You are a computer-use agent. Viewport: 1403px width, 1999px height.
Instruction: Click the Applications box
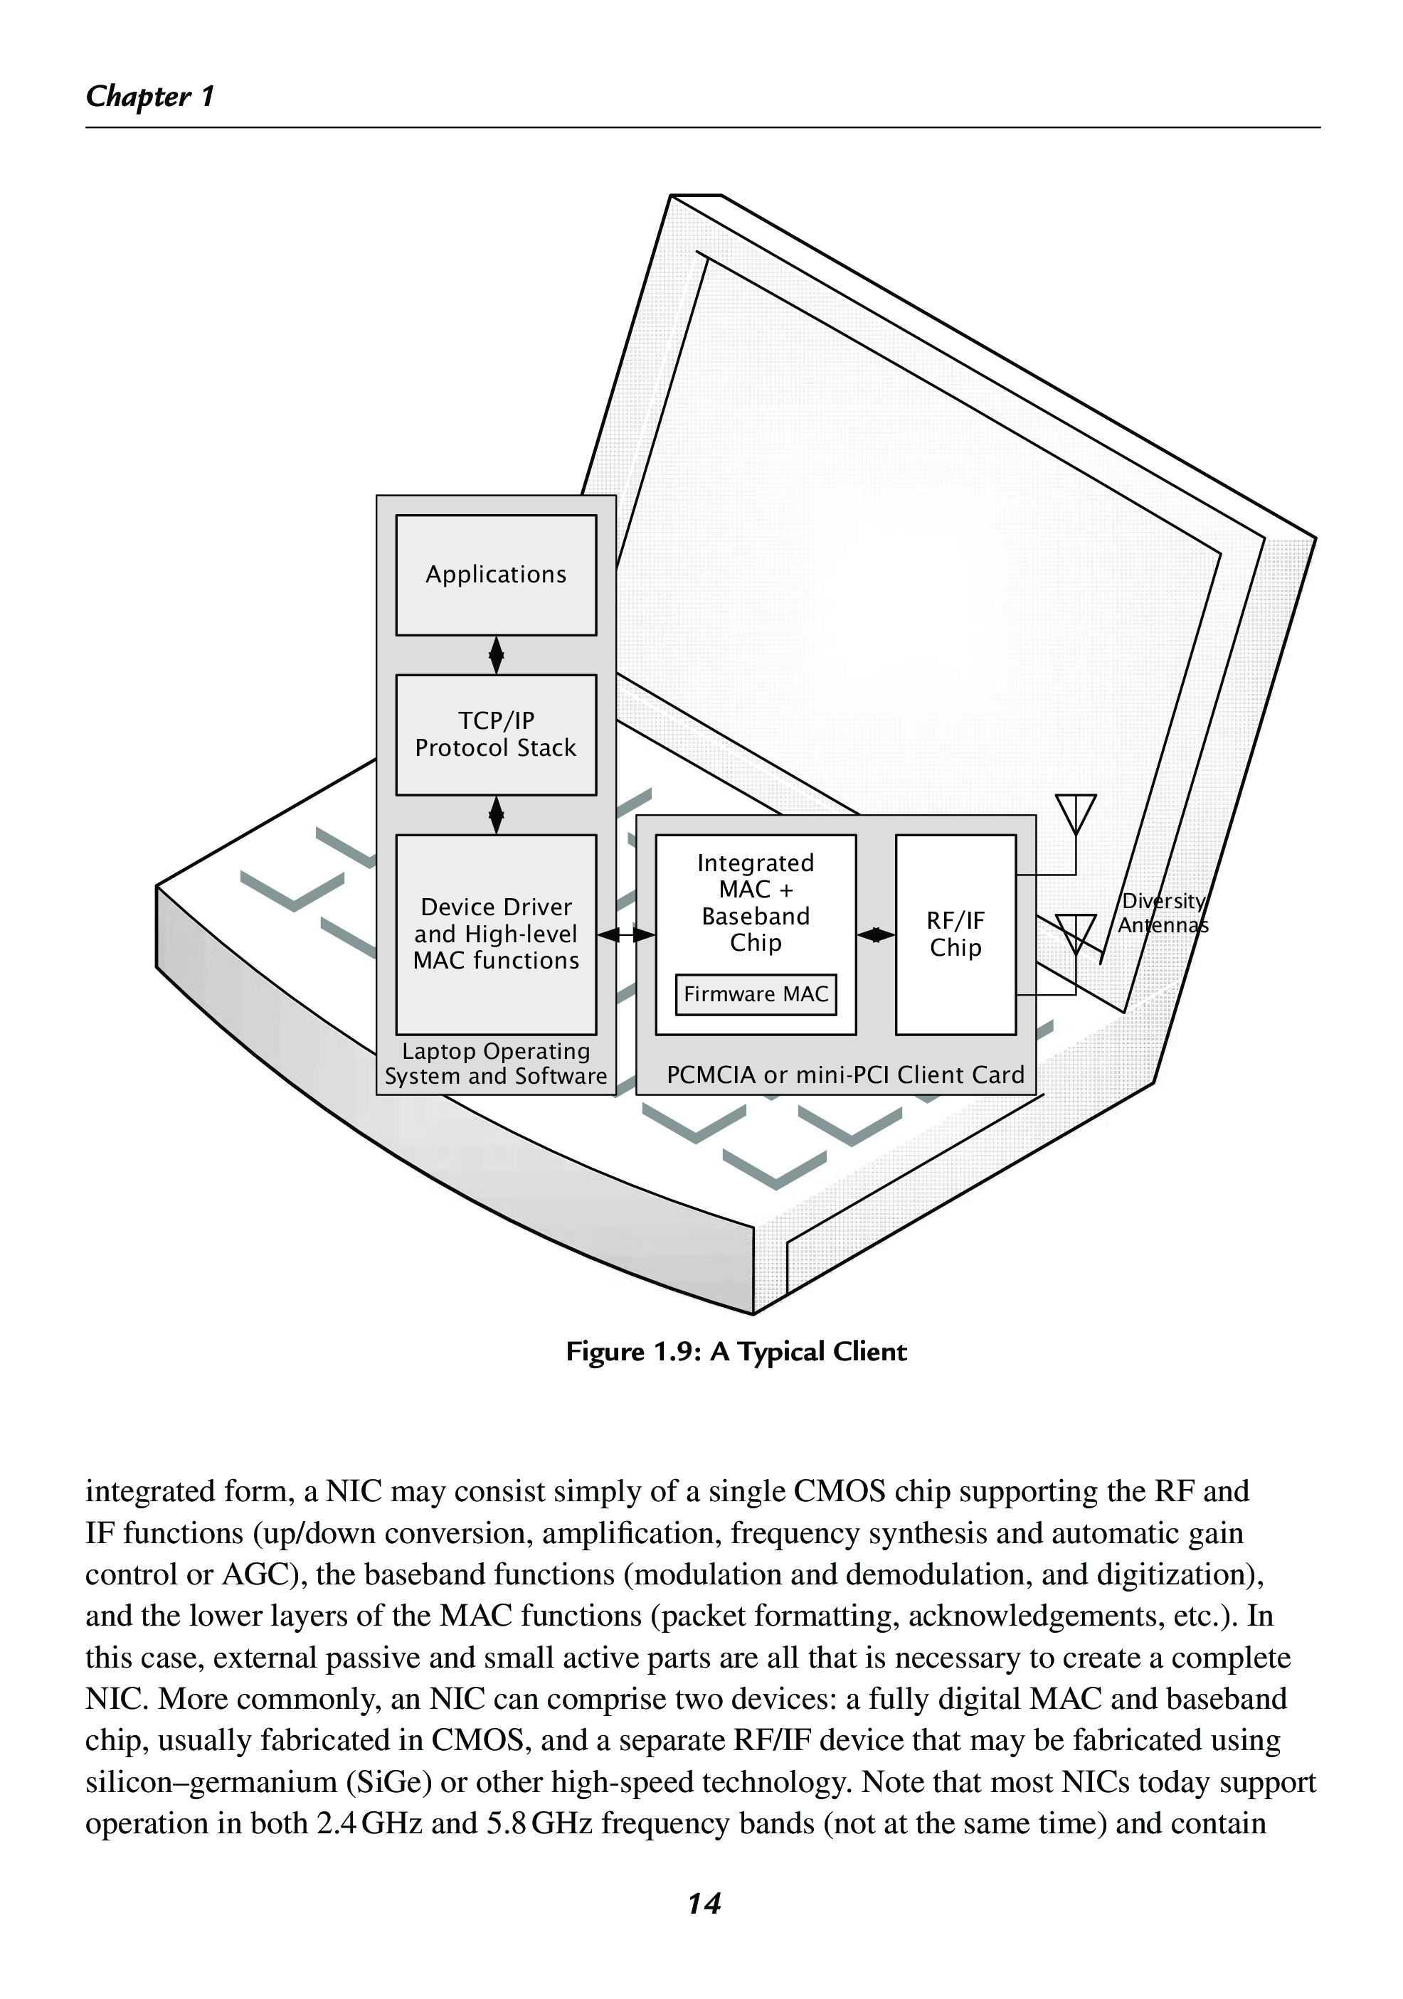(x=496, y=575)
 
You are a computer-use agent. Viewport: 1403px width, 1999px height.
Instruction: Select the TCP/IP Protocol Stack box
(x=496, y=734)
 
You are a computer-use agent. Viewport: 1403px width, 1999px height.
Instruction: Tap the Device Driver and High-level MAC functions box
(x=496, y=933)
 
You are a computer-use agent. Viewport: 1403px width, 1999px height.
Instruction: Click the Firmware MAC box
(x=755, y=994)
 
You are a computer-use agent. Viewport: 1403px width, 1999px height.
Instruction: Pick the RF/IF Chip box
(x=955, y=934)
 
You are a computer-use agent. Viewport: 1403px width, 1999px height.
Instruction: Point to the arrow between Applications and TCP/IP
(x=497, y=655)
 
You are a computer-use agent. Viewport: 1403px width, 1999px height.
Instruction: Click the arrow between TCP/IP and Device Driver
(x=497, y=815)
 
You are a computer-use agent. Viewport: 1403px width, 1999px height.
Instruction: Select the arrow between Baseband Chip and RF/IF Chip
(x=875, y=935)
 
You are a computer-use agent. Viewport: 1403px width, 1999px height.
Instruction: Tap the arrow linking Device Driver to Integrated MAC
(x=626, y=935)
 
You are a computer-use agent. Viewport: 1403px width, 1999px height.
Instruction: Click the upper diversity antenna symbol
(x=1076, y=812)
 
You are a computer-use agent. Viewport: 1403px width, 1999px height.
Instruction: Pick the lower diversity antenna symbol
(x=1076, y=932)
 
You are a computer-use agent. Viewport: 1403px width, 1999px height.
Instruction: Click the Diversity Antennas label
(x=1163, y=913)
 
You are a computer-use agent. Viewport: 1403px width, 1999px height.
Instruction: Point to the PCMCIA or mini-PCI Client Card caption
(x=845, y=1075)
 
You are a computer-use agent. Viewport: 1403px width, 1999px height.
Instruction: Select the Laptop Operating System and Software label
(x=496, y=1064)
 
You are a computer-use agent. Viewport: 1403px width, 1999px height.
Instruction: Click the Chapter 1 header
(x=150, y=96)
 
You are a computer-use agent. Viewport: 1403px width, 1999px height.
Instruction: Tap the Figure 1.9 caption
(x=736, y=1351)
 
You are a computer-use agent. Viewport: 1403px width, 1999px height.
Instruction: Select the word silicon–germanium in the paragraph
(x=211, y=1782)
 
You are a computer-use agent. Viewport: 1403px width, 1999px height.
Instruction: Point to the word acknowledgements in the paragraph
(x=1034, y=1616)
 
